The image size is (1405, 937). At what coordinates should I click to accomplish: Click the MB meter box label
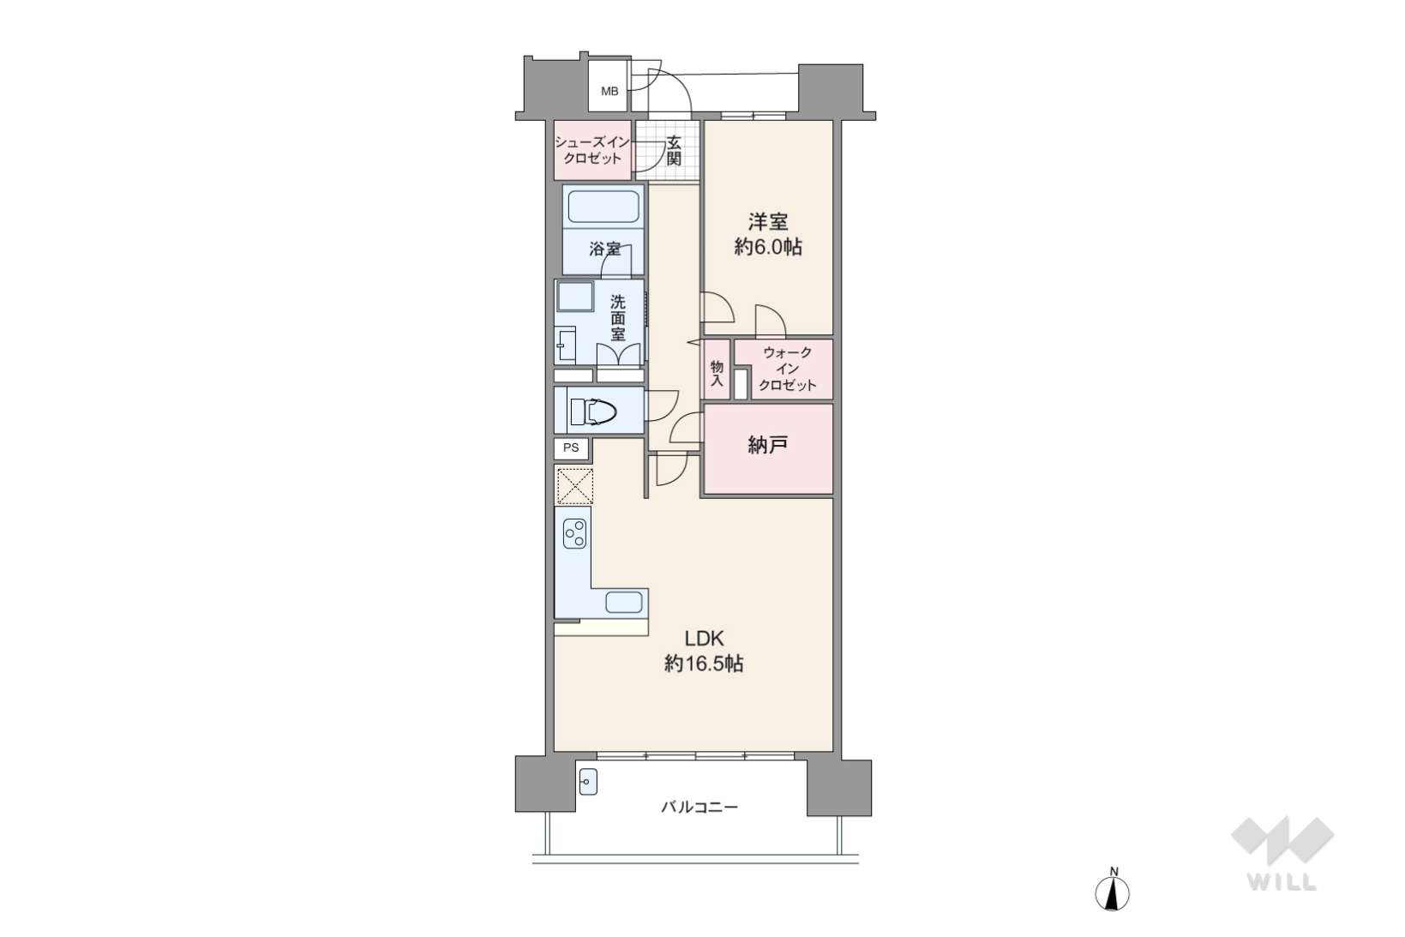[x=609, y=92]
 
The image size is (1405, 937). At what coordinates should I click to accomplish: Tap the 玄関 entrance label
[x=674, y=151]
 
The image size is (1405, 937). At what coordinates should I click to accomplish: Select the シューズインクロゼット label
[x=592, y=151]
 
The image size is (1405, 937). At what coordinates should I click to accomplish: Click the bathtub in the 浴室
[x=603, y=207]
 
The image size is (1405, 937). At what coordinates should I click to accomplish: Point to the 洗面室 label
[x=618, y=318]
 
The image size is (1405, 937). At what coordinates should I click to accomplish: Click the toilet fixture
[x=592, y=412]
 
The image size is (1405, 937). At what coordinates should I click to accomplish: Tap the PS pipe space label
[x=571, y=447]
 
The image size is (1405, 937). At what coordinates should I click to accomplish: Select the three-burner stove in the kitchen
[x=574, y=534]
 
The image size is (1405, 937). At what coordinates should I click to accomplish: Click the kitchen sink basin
[x=623, y=603]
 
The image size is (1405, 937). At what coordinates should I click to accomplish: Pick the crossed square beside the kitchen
[x=574, y=485]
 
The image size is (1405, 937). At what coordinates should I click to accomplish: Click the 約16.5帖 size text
[x=704, y=664]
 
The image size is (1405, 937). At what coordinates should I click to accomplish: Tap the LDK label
[x=704, y=639]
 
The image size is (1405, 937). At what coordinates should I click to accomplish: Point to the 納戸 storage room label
[x=768, y=445]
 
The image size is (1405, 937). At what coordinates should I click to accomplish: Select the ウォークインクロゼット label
[x=787, y=369]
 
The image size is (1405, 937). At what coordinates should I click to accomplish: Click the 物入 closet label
[x=717, y=373]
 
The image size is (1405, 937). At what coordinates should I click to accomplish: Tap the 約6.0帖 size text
[x=768, y=247]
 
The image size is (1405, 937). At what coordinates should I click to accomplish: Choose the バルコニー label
[x=699, y=807]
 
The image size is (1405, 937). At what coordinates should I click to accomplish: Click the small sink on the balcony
[x=588, y=782]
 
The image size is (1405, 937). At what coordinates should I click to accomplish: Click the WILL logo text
[x=1282, y=881]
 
